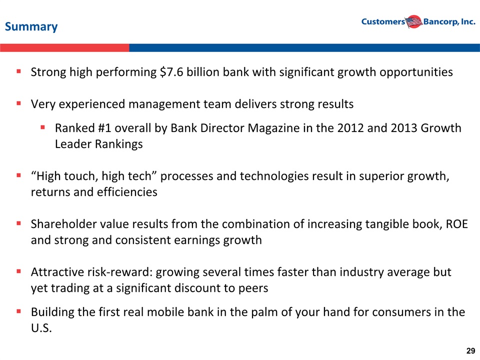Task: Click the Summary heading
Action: click(x=31, y=26)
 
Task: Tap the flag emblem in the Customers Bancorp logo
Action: click(x=414, y=21)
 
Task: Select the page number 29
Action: click(x=471, y=351)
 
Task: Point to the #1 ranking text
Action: click(x=104, y=128)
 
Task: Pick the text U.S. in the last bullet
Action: click(x=41, y=328)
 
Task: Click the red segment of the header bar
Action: click(x=64, y=48)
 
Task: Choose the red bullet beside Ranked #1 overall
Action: click(x=43, y=127)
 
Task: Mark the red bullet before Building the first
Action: click(x=18, y=311)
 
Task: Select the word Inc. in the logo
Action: click(x=468, y=21)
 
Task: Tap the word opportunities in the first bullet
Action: click(x=416, y=72)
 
